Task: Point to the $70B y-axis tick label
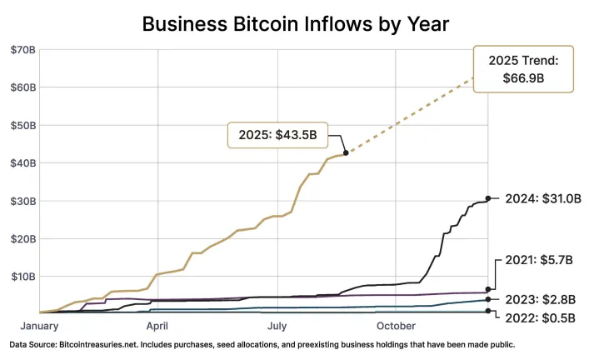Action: point(22,50)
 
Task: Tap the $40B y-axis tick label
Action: point(22,162)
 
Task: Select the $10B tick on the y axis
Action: point(22,276)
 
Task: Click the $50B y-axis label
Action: point(22,125)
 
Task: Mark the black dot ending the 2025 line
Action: point(346,152)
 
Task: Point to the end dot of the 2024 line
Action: point(488,198)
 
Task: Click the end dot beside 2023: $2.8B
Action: point(488,299)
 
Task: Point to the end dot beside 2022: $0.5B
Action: point(488,312)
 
